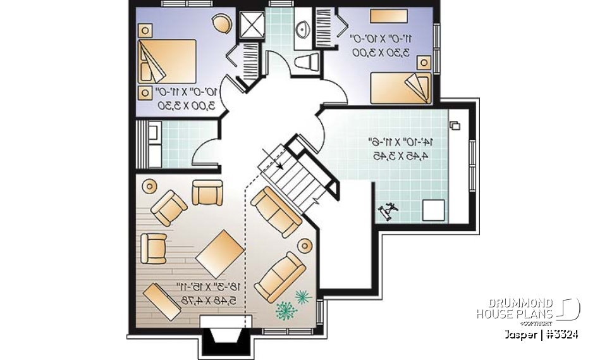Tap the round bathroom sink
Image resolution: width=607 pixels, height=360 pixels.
click(x=302, y=28)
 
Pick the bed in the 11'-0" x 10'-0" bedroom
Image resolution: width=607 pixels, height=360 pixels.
click(x=400, y=87)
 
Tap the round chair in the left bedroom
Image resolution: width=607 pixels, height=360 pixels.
click(x=222, y=24)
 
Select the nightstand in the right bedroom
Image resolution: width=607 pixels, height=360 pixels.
click(x=424, y=62)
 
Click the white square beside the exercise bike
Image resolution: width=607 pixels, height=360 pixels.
click(x=433, y=209)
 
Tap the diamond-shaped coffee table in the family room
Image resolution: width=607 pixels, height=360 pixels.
click(x=220, y=254)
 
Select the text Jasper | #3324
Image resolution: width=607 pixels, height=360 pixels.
click(x=542, y=334)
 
